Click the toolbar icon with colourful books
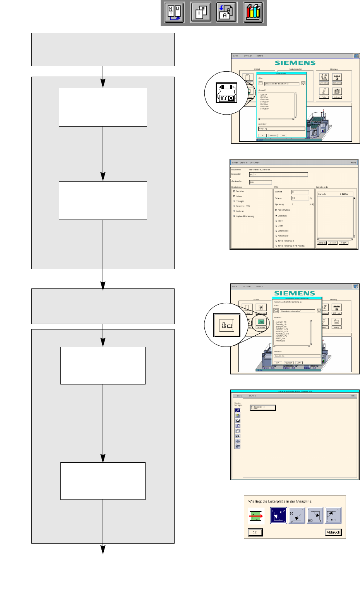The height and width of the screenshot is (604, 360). click(x=253, y=13)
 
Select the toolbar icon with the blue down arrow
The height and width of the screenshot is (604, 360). click(x=226, y=13)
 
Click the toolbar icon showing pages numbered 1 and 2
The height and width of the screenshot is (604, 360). click(x=201, y=13)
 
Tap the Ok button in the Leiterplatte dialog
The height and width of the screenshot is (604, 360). click(x=255, y=532)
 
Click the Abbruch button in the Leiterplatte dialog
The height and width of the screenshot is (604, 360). click(x=333, y=532)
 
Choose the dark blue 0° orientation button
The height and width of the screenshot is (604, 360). click(x=278, y=515)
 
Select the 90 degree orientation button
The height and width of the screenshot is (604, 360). click(x=297, y=515)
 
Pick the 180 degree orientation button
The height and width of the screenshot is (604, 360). click(x=315, y=515)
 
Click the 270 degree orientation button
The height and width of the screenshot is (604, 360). click(x=333, y=515)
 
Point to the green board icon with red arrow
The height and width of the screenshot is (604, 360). click(x=256, y=516)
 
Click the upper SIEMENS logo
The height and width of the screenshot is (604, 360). click(x=295, y=63)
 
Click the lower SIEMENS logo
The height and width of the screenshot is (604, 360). click(x=295, y=293)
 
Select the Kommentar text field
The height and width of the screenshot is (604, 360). click(x=278, y=175)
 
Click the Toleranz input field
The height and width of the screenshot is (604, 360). click(x=300, y=198)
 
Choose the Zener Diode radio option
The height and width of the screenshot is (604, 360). click(x=283, y=231)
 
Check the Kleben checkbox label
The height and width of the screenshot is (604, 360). click(x=238, y=196)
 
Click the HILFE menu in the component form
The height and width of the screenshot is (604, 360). click(x=353, y=163)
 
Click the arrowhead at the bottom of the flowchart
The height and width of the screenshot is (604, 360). click(x=103, y=549)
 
